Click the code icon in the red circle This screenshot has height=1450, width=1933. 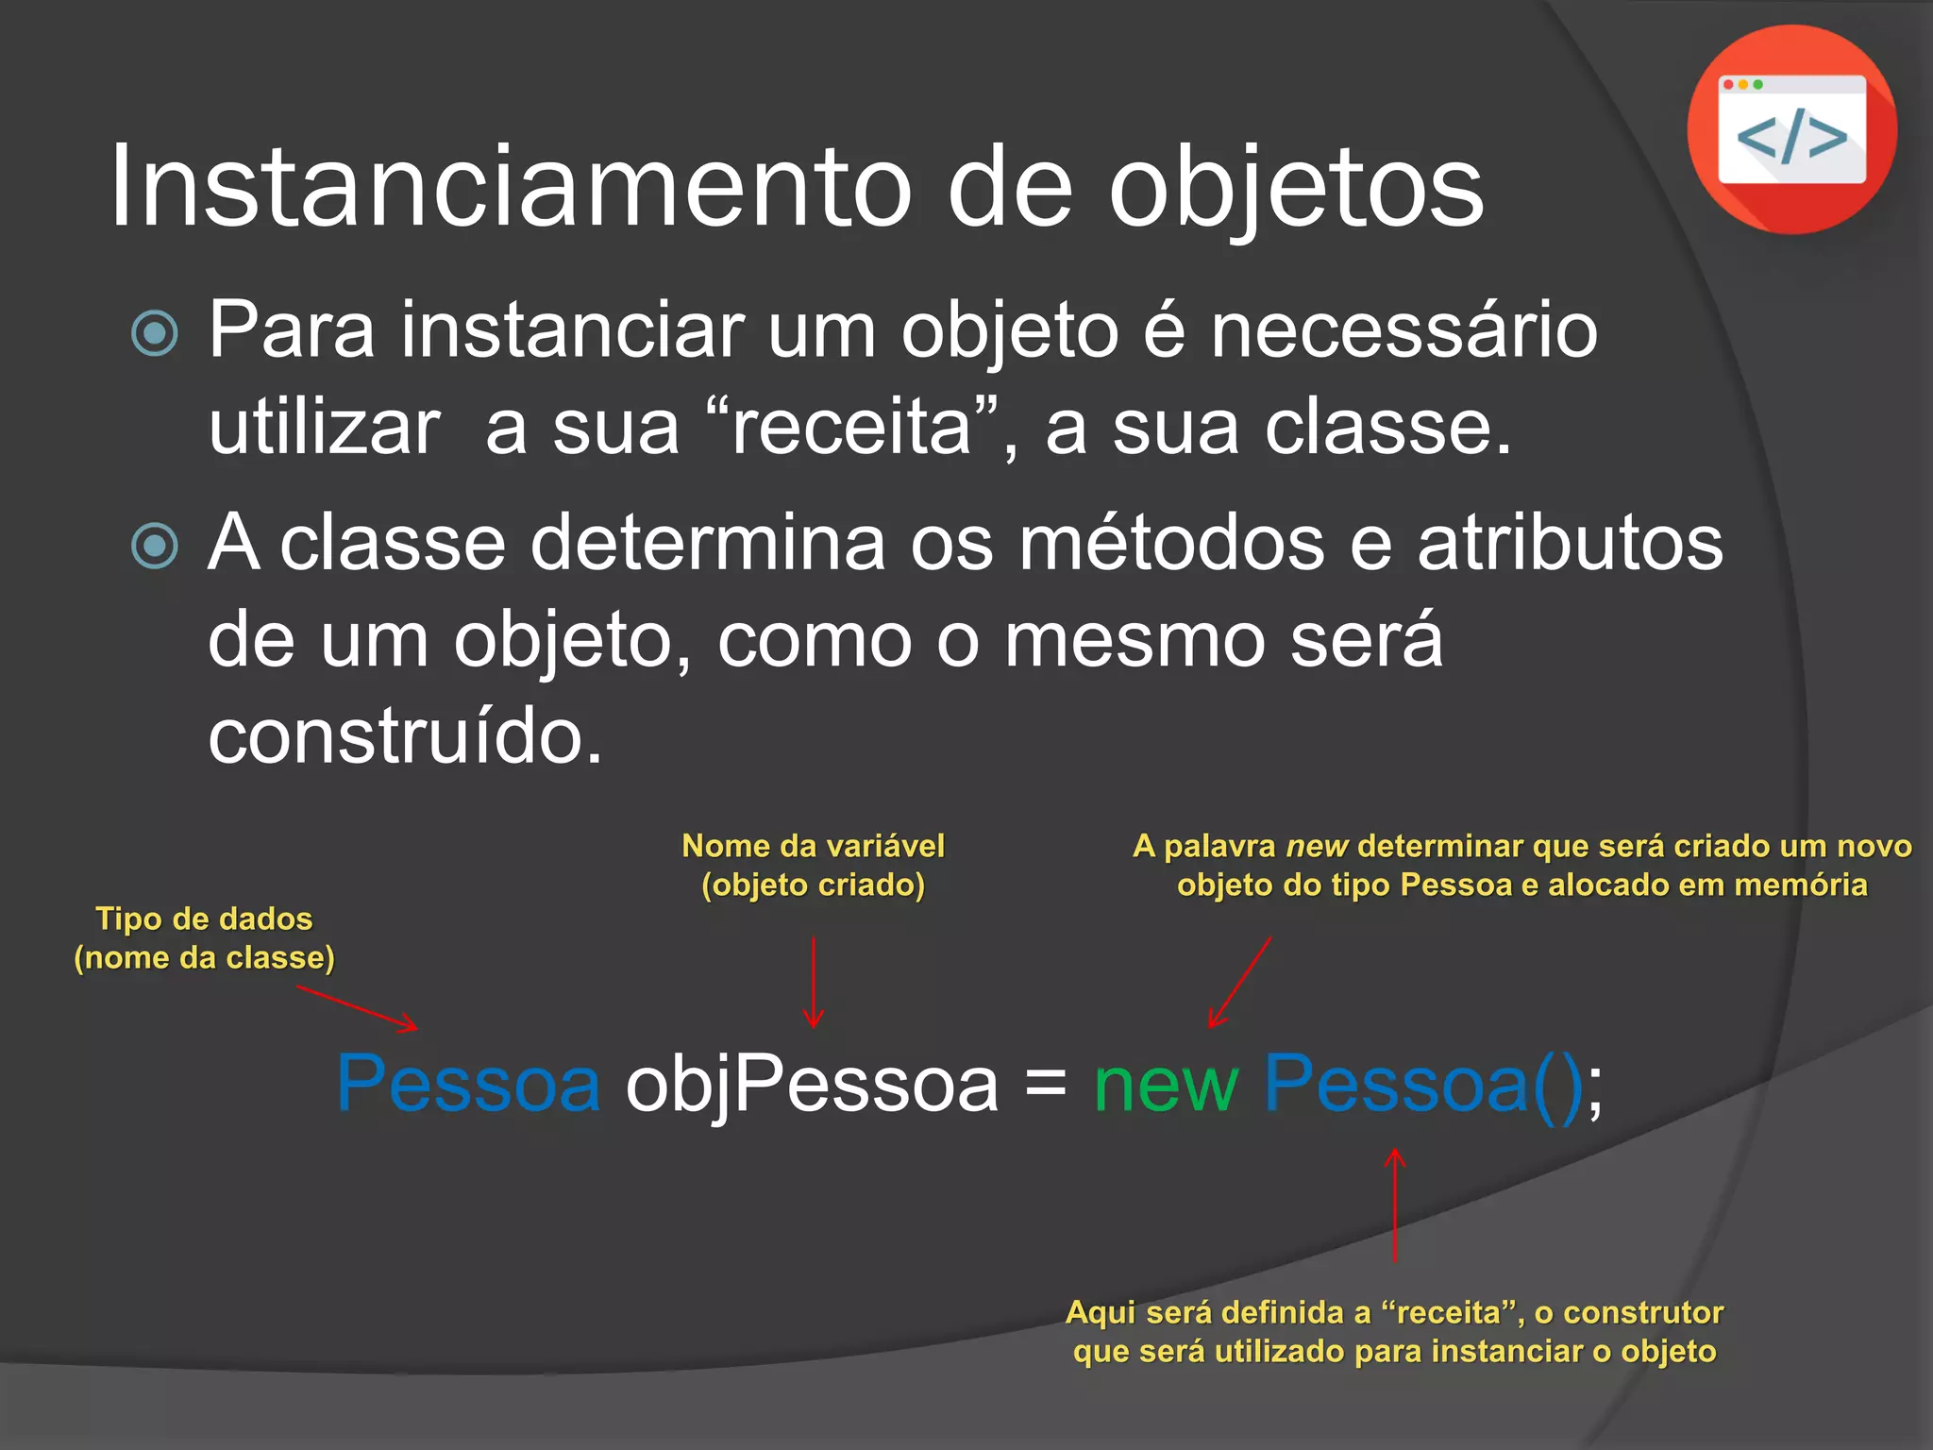point(1791,129)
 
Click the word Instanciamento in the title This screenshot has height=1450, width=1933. point(511,186)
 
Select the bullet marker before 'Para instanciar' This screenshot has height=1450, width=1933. point(155,333)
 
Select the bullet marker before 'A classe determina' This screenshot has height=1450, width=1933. point(155,546)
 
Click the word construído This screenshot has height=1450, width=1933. point(405,736)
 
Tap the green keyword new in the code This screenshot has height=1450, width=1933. point(1166,1085)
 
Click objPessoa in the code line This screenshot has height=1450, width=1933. point(812,1085)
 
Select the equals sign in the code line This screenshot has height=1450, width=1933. point(1045,1083)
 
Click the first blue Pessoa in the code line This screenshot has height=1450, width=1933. point(468,1085)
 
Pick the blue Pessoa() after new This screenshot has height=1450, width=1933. point(1422,1085)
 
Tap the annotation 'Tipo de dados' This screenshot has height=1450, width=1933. point(204,919)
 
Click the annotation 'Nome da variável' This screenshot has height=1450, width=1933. point(813,846)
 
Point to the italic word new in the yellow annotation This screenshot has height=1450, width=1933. point(1316,847)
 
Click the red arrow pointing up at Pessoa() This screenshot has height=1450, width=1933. point(1394,1205)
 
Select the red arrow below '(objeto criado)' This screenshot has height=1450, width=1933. point(813,982)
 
